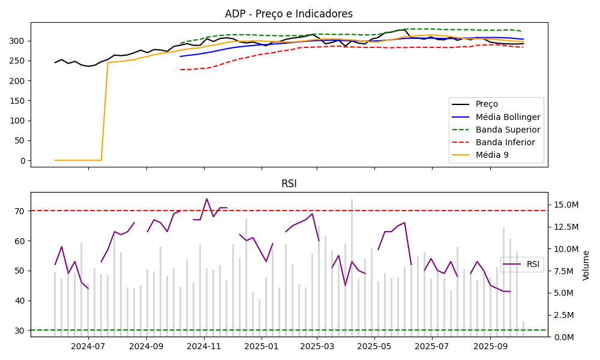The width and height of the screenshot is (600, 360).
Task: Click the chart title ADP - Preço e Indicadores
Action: point(289,14)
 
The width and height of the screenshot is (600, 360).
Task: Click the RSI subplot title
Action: point(289,184)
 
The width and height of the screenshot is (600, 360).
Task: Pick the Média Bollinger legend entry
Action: point(508,117)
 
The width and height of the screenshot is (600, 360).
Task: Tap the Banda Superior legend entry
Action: point(508,130)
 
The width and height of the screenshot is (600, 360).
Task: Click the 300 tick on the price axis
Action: point(18,41)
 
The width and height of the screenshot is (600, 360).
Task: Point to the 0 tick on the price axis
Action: point(22,160)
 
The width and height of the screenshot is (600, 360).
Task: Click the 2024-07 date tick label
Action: point(88,346)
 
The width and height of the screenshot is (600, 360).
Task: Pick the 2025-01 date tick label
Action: point(261,346)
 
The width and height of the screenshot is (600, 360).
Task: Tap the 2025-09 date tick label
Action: point(490,346)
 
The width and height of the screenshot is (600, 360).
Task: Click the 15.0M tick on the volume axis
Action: point(566,205)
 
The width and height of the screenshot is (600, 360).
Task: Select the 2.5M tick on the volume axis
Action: point(566,315)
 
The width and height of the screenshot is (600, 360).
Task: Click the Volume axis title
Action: point(587,265)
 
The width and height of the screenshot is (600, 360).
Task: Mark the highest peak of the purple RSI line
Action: point(207,199)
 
